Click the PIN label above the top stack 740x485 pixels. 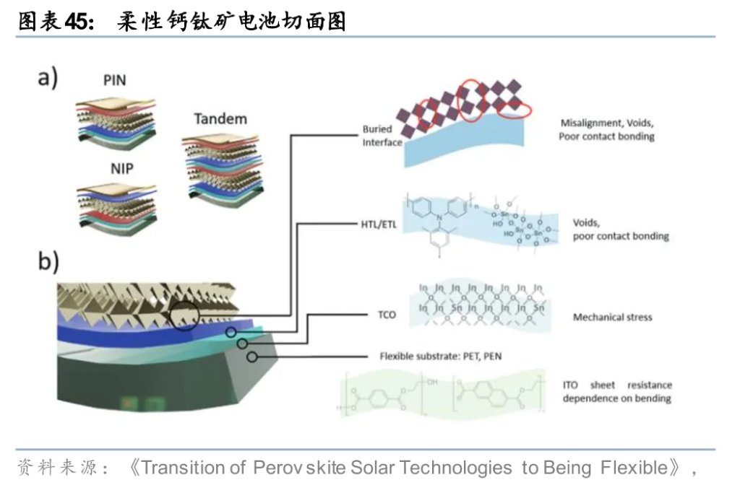(x=114, y=80)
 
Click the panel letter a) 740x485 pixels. (x=48, y=77)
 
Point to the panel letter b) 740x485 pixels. (x=48, y=261)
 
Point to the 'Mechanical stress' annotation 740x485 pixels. (x=611, y=317)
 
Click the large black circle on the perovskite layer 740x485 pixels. (x=185, y=315)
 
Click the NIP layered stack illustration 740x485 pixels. (x=116, y=204)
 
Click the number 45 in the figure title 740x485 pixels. (x=77, y=22)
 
